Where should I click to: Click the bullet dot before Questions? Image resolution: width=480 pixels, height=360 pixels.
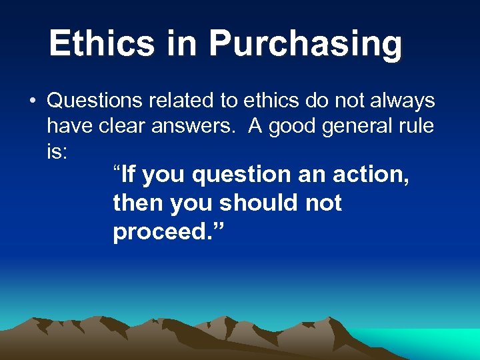tap(32, 102)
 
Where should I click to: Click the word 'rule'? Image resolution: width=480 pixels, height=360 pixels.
tap(417, 126)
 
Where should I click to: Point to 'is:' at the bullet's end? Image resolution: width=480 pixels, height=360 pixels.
tap(57, 151)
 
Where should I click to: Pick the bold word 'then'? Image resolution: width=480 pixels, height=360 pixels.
tap(139, 203)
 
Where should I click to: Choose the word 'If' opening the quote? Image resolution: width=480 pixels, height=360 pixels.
tap(127, 175)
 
